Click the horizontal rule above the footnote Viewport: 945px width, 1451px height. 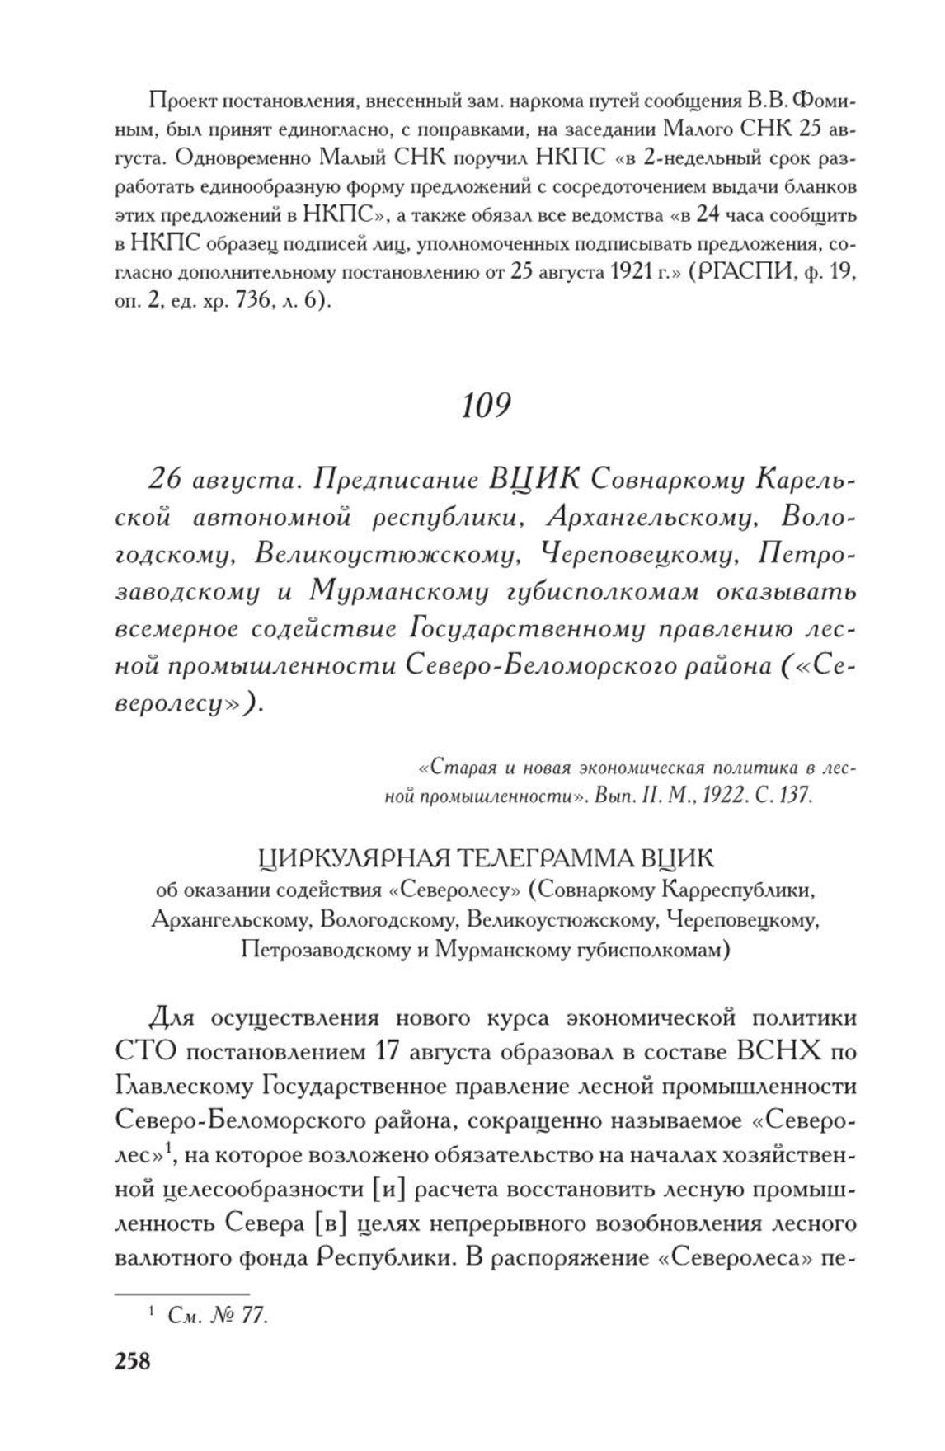coord(180,1294)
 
